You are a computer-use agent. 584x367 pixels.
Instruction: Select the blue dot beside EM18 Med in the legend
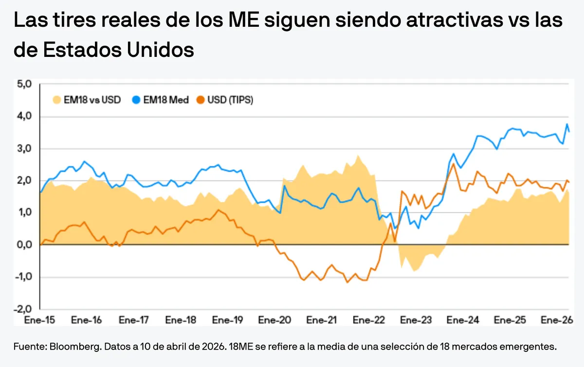136,100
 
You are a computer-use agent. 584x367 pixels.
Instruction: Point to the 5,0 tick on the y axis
24,84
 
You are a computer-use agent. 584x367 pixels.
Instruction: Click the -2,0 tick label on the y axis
23,309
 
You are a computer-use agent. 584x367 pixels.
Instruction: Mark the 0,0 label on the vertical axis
24,245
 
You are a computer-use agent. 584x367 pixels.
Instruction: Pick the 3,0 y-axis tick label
24,148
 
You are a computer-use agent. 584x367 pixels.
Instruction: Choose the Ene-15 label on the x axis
39,320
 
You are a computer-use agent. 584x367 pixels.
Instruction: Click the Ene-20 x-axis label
275,320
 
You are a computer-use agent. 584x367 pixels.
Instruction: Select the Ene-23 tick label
417,320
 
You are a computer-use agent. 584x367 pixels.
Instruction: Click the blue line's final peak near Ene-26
567,124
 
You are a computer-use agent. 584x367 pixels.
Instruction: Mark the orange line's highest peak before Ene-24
453,164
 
